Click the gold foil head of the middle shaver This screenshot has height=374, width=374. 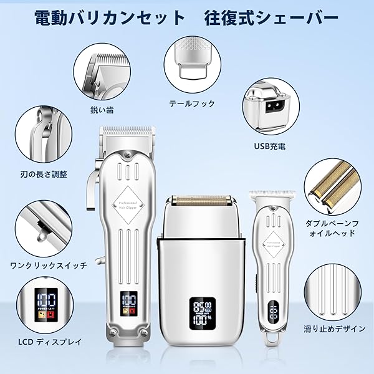pos(201,201)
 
